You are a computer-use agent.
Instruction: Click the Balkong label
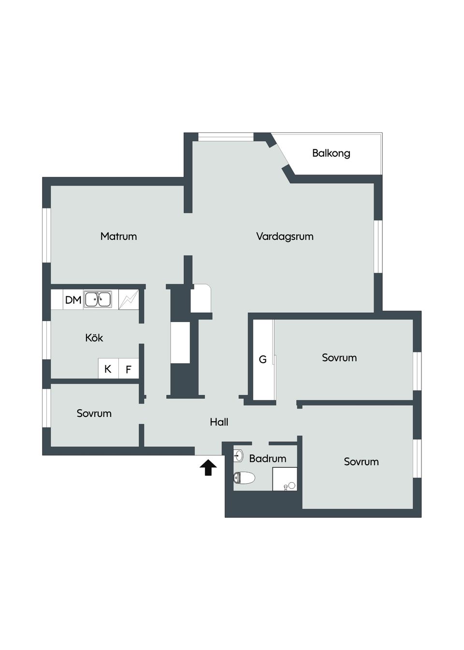331,153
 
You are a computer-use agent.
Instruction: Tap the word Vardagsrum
285,236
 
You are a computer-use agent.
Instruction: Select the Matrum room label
118,236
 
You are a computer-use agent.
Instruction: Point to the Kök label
94,338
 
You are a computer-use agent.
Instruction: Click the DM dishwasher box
73,300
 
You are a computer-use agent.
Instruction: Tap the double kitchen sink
98,300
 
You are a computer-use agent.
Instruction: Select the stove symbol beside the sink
129,300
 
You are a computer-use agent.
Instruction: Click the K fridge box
108,369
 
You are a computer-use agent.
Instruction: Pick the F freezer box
129,369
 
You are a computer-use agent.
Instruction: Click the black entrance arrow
208,468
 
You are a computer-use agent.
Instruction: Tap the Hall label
219,422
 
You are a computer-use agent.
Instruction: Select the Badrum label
268,458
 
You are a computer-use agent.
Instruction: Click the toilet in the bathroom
245,478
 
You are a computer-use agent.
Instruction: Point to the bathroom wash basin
238,455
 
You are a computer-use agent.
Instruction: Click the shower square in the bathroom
285,479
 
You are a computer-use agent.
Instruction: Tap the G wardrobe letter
262,359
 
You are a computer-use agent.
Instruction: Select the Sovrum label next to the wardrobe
339,358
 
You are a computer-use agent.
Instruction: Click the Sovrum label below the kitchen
94,414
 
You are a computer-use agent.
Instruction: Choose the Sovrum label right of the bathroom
361,462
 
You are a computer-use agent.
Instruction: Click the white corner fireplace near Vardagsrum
201,298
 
